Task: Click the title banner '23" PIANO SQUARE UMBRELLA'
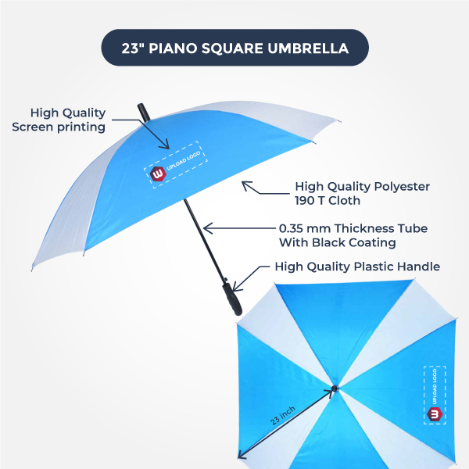(234, 48)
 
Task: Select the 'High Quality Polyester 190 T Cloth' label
(362, 193)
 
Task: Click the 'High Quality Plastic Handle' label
(357, 267)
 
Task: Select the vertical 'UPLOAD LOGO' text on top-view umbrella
(435, 387)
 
